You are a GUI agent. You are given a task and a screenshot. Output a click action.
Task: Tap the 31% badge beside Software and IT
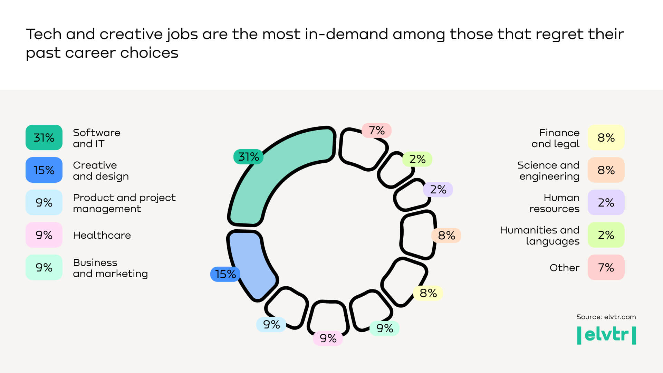(x=44, y=137)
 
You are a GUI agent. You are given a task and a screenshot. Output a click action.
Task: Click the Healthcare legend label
(x=102, y=235)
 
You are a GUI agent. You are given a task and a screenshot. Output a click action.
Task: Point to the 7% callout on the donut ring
(x=376, y=131)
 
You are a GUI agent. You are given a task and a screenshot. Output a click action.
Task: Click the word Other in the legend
(x=564, y=268)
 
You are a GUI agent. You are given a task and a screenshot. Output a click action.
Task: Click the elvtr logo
(x=606, y=335)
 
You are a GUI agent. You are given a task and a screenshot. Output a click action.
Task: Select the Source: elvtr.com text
(x=606, y=317)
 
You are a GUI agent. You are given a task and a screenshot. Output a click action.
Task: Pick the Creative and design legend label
(x=100, y=171)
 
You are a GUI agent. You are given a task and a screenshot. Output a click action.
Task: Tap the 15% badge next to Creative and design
(x=44, y=170)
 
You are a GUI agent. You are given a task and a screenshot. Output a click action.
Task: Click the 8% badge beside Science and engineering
(x=606, y=170)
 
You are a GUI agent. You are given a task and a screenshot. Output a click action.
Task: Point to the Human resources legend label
(x=554, y=203)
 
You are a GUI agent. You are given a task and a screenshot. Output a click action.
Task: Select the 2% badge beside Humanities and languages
(x=606, y=235)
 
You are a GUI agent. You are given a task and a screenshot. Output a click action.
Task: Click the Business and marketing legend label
(x=110, y=268)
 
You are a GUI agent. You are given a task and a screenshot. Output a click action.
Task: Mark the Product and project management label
(x=124, y=203)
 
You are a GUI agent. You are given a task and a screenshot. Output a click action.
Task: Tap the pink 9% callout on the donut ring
(x=328, y=338)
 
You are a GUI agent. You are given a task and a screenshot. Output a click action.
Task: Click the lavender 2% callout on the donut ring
(x=438, y=190)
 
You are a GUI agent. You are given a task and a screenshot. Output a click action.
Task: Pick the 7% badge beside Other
(x=606, y=267)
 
